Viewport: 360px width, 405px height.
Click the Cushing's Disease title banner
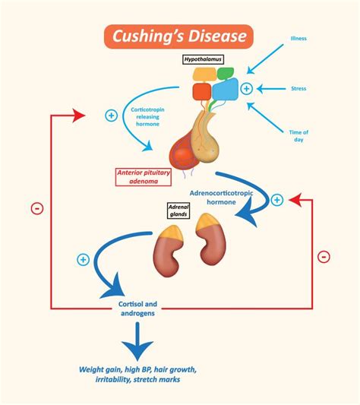178,36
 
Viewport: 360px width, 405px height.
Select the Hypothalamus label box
203,59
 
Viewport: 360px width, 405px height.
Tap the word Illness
298,39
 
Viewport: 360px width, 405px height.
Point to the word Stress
298,89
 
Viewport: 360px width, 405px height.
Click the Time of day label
298,136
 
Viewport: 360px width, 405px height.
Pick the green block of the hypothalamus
226,74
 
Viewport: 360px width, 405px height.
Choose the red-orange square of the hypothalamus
202,91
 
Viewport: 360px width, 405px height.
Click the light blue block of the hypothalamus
226,90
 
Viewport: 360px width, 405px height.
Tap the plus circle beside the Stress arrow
246,89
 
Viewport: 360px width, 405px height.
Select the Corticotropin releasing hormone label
147,117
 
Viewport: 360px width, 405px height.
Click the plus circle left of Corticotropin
112,115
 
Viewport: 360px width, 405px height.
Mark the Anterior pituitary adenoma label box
144,177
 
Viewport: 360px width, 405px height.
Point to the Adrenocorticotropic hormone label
221,198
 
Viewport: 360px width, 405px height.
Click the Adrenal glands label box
178,210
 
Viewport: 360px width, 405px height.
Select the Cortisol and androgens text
137,308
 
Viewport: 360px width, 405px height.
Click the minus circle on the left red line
37,208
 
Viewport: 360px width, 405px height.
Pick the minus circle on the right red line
324,257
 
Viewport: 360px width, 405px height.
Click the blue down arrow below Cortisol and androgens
137,341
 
